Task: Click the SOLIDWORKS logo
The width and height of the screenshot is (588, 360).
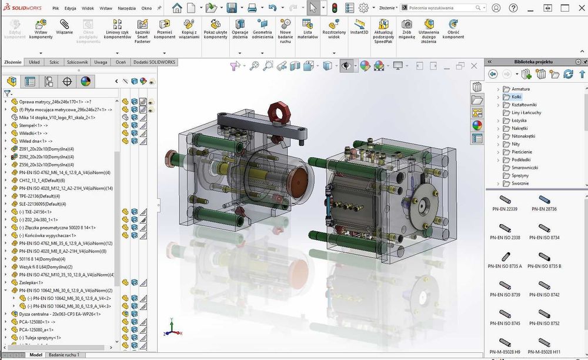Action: click(x=22, y=8)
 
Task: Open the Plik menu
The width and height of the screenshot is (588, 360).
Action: click(x=55, y=9)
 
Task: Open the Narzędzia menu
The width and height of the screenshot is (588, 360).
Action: click(x=127, y=9)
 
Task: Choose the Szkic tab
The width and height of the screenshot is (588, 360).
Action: click(x=54, y=62)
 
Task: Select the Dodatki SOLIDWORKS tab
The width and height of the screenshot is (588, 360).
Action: click(x=154, y=62)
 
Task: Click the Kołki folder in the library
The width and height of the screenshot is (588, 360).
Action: click(x=516, y=96)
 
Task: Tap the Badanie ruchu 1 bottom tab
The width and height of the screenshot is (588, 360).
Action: click(x=64, y=355)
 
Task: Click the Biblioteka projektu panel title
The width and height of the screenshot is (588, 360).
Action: click(x=533, y=62)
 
